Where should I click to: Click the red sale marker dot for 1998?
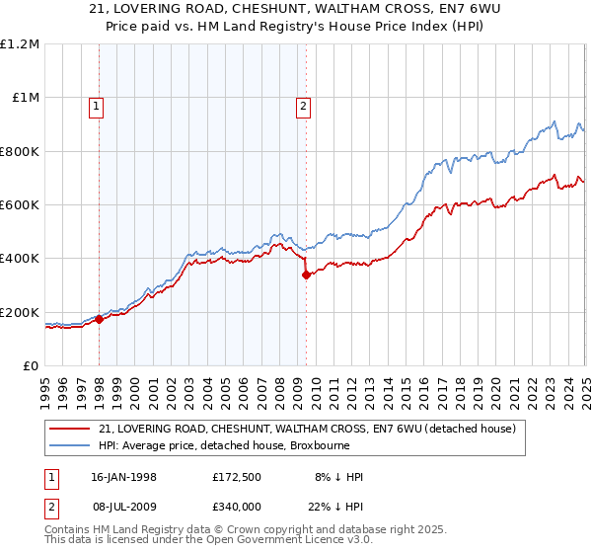pos(99,319)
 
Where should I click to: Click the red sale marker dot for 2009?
pos(306,275)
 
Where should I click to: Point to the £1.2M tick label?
pos(20,44)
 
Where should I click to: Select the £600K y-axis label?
pos(20,205)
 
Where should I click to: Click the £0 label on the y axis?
pos(30,366)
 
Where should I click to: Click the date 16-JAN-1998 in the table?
pos(123,477)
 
